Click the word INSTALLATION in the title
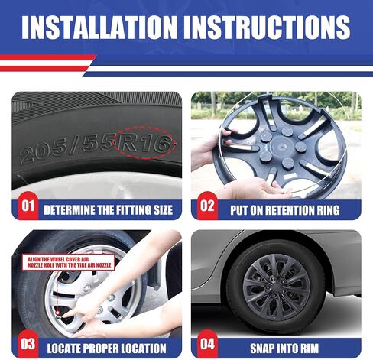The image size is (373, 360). click(x=99, y=28)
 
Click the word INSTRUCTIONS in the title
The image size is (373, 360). click(x=267, y=28)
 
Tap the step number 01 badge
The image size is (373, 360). click(x=28, y=206)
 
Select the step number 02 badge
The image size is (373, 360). click(x=207, y=206)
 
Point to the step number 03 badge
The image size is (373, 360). click(x=28, y=344)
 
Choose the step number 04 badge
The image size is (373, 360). click(x=207, y=344)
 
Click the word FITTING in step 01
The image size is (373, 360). click(x=134, y=210)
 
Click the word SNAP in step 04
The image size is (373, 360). click(x=261, y=349)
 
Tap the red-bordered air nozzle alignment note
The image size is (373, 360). click(x=68, y=262)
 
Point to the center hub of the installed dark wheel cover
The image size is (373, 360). click(x=277, y=287)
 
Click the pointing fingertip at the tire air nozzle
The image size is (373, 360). click(x=64, y=315)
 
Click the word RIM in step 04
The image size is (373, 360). click(x=310, y=349)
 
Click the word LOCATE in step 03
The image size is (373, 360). click(x=63, y=349)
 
